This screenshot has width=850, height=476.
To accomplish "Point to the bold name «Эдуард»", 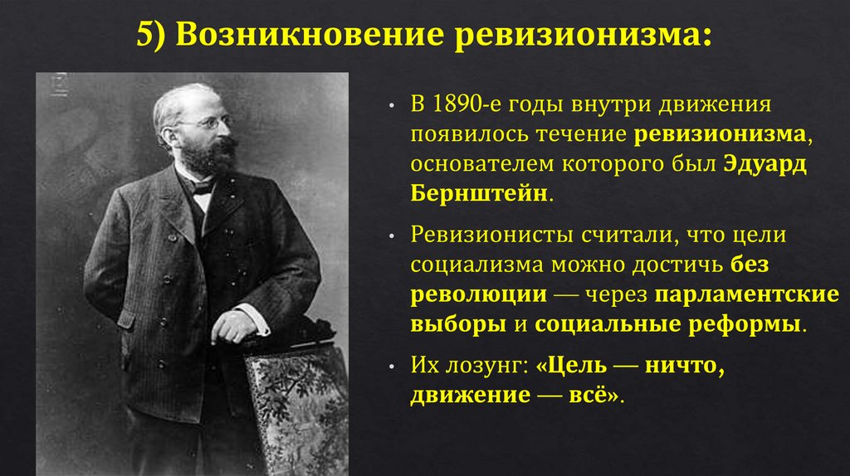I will coord(767,163).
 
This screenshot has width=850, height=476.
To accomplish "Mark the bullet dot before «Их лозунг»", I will coord(391,366).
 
